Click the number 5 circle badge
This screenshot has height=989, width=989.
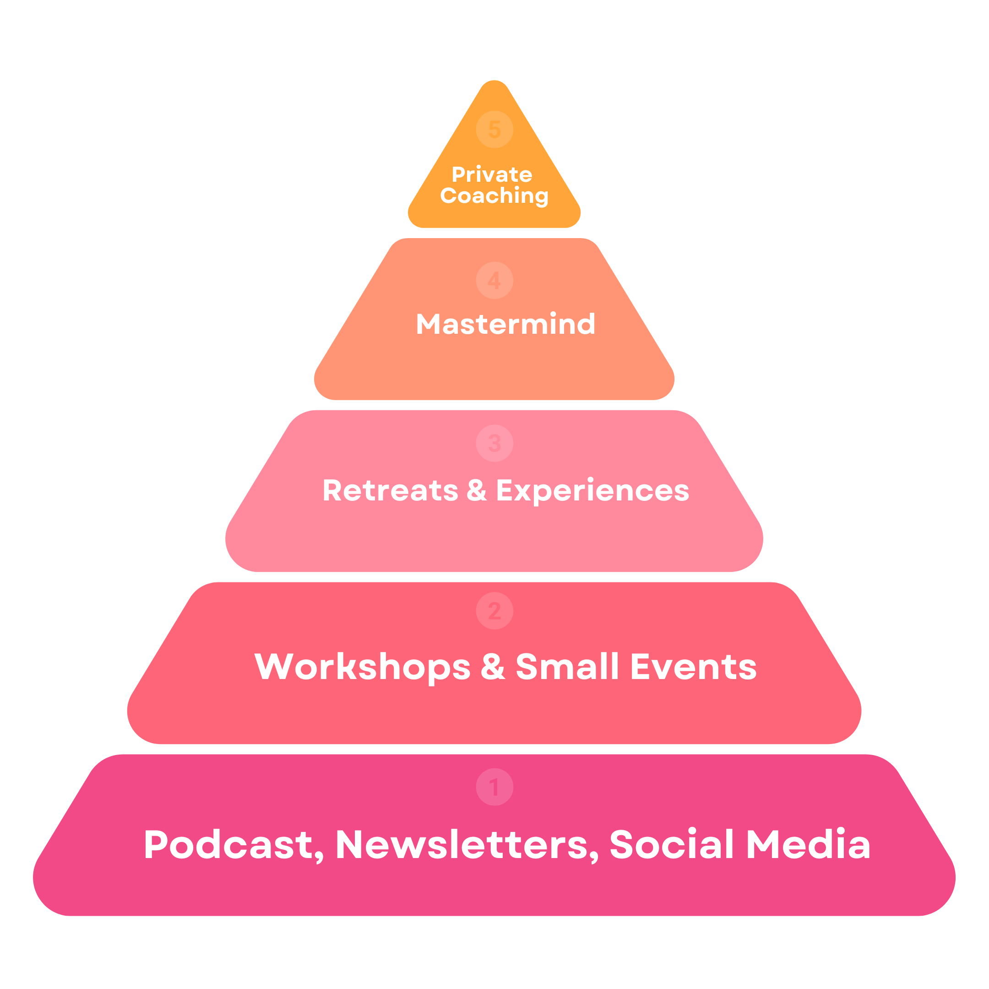(494, 130)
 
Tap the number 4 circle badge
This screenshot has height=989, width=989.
(494, 281)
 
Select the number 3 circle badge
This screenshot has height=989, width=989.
(494, 443)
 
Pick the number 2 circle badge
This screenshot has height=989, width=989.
(494, 611)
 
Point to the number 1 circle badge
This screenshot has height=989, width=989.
(494, 787)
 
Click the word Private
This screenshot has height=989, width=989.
(492, 175)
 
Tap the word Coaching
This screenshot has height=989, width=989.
(494, 196)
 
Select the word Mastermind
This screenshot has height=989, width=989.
(506, 324)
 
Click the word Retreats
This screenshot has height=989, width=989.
(390, 490)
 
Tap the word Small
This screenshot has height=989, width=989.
(568, 667)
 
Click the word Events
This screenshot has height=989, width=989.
(694, 667)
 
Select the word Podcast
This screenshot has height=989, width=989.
(229, 844)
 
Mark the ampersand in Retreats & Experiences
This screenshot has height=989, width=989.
(477, 490)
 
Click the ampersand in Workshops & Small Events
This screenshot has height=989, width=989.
(493, 667)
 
